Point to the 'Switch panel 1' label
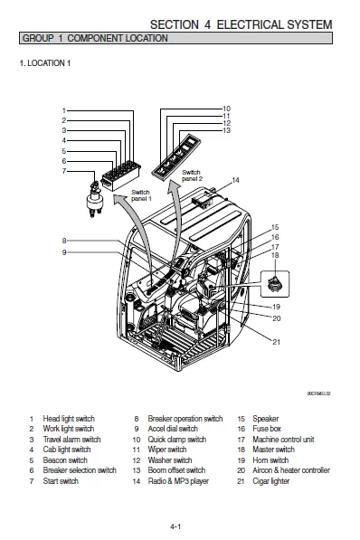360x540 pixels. tap(141, 194)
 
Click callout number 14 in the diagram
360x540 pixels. tap(236, 180)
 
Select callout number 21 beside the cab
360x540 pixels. tap(275, 341)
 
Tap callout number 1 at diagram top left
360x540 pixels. tap(64, 110)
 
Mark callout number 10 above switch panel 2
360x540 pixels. tap(226, 109)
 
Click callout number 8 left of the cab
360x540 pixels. tap(64, 241)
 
